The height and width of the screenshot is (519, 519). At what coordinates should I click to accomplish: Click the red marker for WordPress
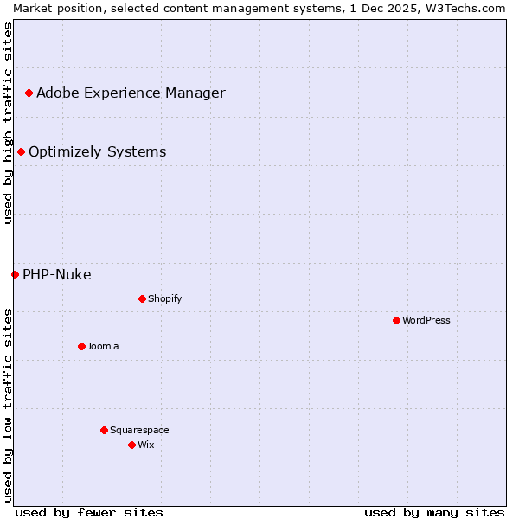[396, 320]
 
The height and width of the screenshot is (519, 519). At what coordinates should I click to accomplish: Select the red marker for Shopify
[142, 298]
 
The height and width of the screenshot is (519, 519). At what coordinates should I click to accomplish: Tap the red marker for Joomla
[81, 346]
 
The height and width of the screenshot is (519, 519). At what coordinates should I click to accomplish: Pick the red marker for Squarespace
[104, 430]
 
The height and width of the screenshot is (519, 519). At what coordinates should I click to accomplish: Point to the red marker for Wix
[131, 445]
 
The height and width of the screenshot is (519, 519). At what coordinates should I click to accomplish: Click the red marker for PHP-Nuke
[15, 274]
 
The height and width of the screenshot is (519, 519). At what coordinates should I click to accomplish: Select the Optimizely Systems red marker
[21, 151]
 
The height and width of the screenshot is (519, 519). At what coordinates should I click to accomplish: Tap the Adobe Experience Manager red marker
[29, 93]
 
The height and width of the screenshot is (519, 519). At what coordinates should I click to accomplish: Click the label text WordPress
[426, 320]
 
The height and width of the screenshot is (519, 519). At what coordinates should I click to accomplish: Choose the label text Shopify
[164, 298]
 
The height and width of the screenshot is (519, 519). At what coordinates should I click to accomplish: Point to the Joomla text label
[103, 346]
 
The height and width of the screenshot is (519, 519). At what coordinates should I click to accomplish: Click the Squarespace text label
[139, 430]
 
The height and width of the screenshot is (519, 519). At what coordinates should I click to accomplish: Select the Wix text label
[145, 445]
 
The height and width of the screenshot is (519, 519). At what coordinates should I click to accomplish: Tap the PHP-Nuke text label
[56, 274]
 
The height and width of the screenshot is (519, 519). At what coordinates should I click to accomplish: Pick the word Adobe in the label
[56, 93]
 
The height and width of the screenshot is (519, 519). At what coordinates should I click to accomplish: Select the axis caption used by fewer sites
[89, 512]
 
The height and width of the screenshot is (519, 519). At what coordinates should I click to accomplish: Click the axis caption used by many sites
[434, 512]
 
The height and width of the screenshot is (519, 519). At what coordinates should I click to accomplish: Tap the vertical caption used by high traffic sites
[8, 122]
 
